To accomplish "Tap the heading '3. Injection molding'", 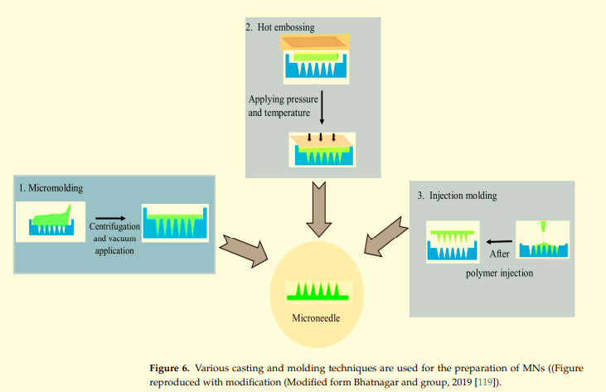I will (457, 196).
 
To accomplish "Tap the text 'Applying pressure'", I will (282, 99).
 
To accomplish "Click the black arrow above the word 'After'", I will (500, 241).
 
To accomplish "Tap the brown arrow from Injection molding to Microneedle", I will (385, 234).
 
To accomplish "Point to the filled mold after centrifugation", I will (175, 224).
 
